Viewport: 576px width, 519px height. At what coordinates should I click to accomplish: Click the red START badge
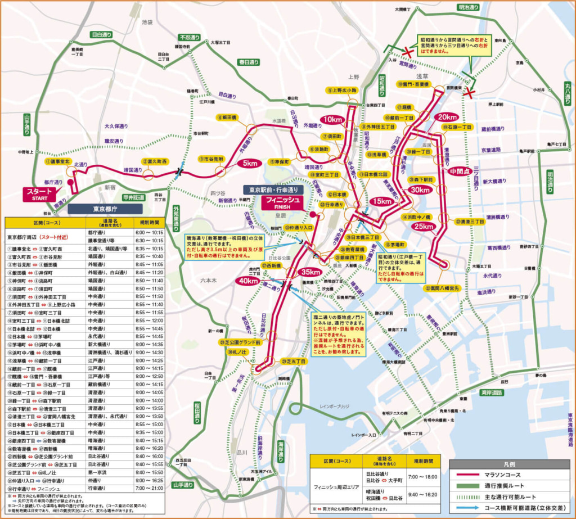39,194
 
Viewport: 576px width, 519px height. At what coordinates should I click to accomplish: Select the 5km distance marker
248,163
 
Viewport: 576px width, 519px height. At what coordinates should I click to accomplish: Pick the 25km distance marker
424,227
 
